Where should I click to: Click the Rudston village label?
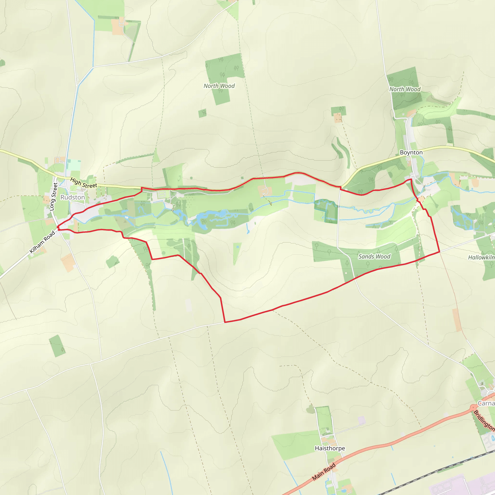(73, 197)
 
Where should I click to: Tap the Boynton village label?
(411, 153)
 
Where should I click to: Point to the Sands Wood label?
(374, 256)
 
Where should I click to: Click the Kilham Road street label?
(42, 242)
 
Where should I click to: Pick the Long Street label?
(53, 197)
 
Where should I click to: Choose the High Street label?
(84, 183)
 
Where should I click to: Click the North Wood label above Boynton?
(405, 89)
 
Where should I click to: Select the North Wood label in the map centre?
(219, 86)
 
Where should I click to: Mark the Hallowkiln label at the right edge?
(481, 257)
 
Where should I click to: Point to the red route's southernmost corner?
(225, 322)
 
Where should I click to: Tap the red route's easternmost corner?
(440, 252)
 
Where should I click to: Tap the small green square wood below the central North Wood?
(202, 113)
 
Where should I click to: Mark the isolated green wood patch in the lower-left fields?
(57, 346)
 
